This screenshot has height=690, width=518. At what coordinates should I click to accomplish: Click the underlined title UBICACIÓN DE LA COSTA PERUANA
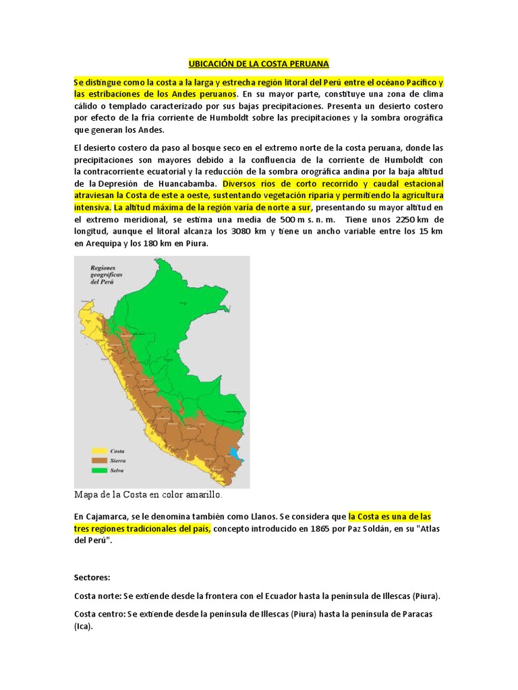click(258, 64)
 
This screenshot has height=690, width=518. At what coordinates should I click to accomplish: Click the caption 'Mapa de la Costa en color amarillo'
click(148, 495)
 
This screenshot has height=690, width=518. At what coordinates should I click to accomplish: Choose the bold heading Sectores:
click(92, 578)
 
